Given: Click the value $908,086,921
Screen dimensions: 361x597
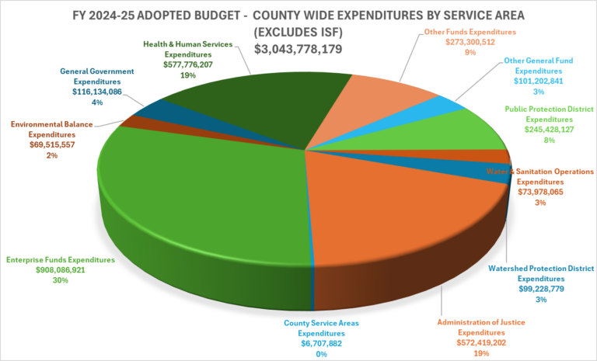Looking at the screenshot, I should point(61,271).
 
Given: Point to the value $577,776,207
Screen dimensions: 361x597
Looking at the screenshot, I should point(187,65).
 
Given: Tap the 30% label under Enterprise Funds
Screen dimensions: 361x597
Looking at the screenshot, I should point(61,282).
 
